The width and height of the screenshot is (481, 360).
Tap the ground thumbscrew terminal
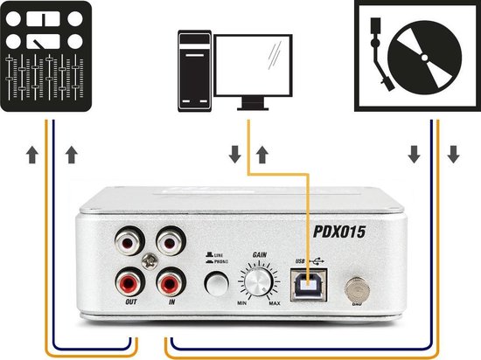[356, 287]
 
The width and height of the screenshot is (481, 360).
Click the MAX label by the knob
[275, 302]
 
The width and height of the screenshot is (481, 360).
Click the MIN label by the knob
[242, 302]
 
